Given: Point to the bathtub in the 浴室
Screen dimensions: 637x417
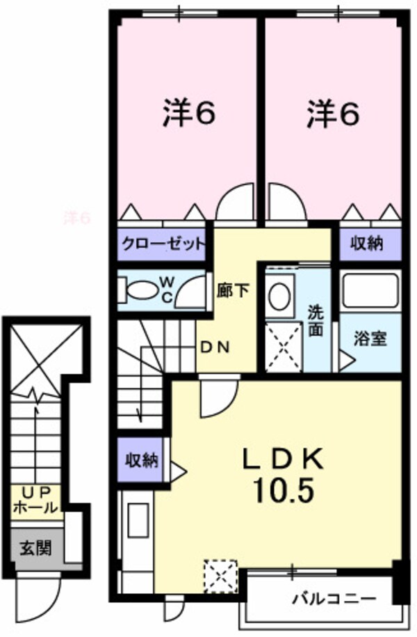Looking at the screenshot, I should click(x=370, y=292).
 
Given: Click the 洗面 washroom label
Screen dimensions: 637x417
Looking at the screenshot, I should click(x=316, y=321).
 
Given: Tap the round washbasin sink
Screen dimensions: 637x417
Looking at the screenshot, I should click(x=279, y=296).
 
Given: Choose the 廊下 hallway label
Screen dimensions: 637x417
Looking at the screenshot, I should click(x=232, y=290).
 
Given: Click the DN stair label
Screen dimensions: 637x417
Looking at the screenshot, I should click(x=215, y=347).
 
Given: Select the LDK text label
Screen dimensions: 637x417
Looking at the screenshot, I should click(x=283, y=459).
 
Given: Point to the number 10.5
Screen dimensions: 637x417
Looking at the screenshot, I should click(x=283, y=491).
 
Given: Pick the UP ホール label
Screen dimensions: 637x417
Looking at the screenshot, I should click(x=35, y=501).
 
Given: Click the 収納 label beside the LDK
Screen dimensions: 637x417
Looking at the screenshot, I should click(x=141, y=460).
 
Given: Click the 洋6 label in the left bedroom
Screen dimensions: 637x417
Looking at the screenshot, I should click(x=189, y=114).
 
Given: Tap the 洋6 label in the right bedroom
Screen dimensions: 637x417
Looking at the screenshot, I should click(x=334, y=114).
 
